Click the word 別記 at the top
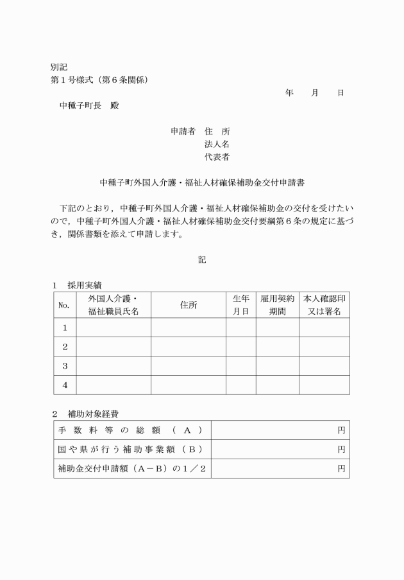coord(59,67)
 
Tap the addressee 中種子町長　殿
coord(89,106)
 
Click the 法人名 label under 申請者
coord(217,145)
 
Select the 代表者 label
coord(217,157)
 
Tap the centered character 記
coord(202,259)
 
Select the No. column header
coord(64,305)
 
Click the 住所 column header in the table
coord(188,305)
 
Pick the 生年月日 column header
coord(240,305)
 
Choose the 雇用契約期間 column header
coord(277,305)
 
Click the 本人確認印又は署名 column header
coord(324,305)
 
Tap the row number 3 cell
coord(64,365)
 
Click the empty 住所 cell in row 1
coord(188,328)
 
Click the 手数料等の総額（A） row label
coord(131,430)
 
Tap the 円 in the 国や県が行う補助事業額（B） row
coord(341,450)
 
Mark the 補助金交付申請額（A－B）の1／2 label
coord(132,469)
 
